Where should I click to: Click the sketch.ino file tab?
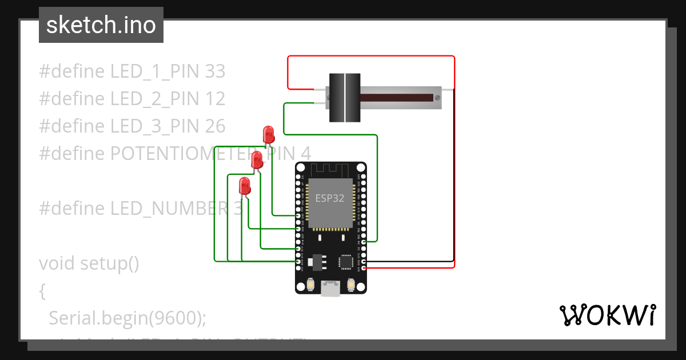click(x=101, y=25)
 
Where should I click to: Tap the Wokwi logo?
click(x=607, y=315)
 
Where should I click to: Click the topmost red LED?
click(x=268, y=134)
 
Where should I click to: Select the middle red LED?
click(x=257, y=159)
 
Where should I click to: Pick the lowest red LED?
click(x=245, y=185)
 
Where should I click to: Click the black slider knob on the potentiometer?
click(x=345, y=98)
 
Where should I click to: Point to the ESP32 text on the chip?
click(x=330, y=199)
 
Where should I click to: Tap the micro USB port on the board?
click(x=330, y=289)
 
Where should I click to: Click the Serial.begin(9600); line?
click(x=127, y=318)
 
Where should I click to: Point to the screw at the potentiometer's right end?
click(x=438, y=98)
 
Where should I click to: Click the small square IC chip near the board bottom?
click(x=345, y=261)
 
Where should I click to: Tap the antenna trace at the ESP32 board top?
click(x=330, y=169)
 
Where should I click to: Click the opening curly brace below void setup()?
click(x=42, y=291)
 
